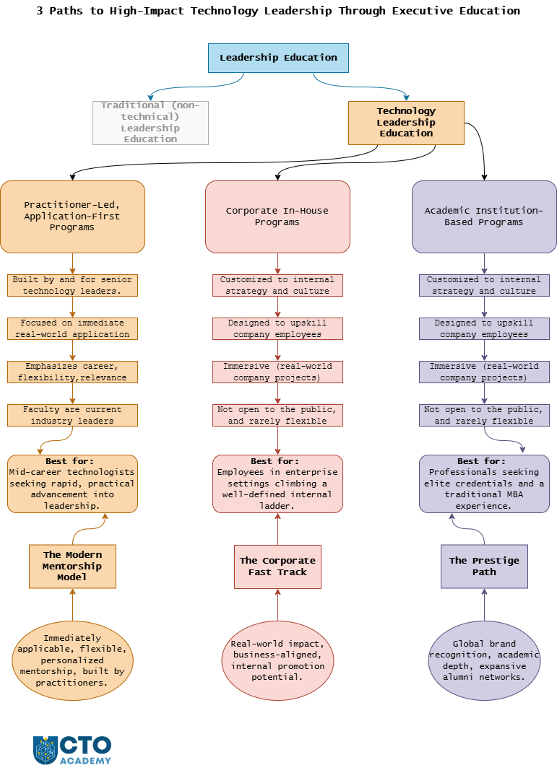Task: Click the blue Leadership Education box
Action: (279, 58)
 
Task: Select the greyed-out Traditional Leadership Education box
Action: (150, 123)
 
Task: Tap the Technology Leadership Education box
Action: (406, 123)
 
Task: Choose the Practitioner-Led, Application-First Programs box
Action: (72, 217)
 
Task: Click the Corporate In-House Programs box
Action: (277, 217)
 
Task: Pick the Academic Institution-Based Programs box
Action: (484, 217)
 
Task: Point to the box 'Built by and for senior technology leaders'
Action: (72, 285)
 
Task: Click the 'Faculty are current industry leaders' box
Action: (72, 415)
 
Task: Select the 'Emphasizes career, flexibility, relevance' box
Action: (72, 372)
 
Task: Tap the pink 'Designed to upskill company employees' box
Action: (277, 329)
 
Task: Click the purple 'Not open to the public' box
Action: (484, 415)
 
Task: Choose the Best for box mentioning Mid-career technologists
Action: (72, 484)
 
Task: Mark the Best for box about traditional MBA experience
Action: (484, 484)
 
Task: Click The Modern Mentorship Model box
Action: (72, 567)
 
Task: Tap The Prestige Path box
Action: (484, 567)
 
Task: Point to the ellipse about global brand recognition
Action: (484, 660)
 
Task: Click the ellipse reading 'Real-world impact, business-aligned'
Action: (277, 660)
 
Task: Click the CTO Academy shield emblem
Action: (46, 750)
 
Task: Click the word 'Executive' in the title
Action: (422, 11)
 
